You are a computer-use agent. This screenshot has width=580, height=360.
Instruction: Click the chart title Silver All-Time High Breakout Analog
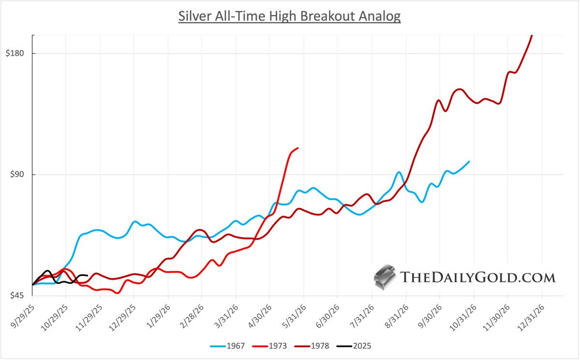(x=289, y=16)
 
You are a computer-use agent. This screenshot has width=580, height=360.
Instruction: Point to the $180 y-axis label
(x=15, y=53)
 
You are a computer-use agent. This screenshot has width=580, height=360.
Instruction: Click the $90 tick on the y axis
(x=16, y=175)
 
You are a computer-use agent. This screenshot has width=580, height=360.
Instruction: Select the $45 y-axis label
(x=16, y=296)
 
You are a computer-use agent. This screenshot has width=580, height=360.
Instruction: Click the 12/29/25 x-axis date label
(x=122, y=314)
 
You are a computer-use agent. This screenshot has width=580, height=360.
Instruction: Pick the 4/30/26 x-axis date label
(x=258, y=314)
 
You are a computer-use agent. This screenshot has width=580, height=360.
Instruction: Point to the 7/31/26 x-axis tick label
(x=360, y=314)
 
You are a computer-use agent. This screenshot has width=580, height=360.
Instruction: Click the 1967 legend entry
(x=226, y=346)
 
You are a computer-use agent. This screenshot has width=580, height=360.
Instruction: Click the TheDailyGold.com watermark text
(x=477, y=277)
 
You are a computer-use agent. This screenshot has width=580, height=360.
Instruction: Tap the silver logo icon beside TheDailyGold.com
(x=385, y=277)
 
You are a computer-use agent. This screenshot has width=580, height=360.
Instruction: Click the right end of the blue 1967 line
(x=469, y=161)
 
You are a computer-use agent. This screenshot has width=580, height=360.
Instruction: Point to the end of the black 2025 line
(x=87, y=276)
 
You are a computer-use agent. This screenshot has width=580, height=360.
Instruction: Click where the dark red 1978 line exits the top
(x=532, y=35)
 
